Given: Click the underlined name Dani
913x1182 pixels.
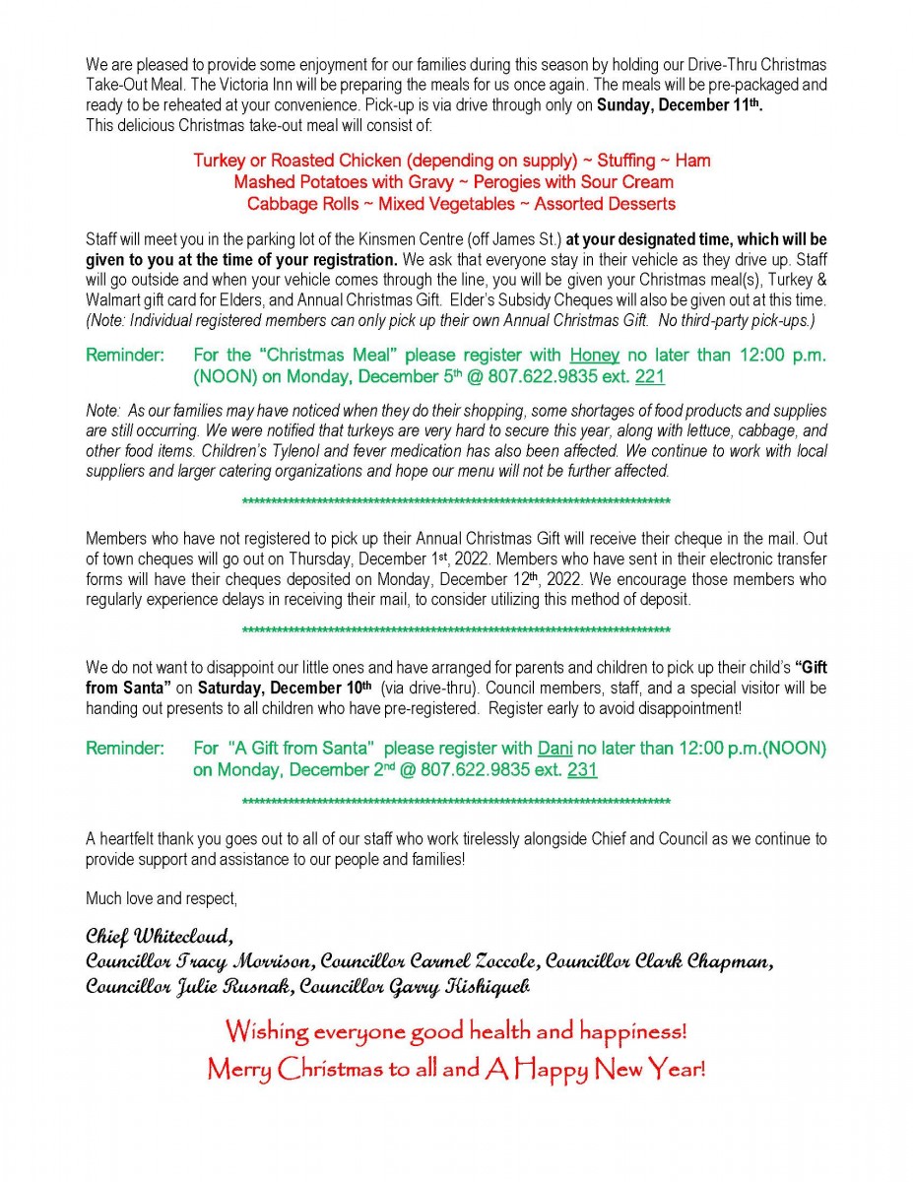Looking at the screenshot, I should [x=555, y=749].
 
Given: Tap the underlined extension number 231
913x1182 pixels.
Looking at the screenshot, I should [x=582, y=770].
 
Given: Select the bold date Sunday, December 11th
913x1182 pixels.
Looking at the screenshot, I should [x=680, y=105].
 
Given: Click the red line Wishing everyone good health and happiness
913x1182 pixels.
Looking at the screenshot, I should [x=456, y=1032].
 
